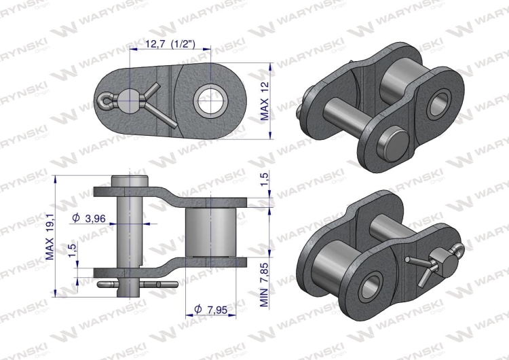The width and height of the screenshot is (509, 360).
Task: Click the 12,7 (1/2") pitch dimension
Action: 170,44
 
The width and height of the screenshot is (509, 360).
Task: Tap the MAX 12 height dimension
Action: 265,101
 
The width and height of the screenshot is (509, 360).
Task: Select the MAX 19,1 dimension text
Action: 50,234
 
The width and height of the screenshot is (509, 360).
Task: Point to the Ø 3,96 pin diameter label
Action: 89,217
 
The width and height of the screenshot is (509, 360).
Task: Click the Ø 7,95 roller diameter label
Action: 210,309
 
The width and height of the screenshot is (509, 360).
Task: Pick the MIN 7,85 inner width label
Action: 265,285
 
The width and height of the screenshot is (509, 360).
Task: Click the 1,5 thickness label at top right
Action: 265,180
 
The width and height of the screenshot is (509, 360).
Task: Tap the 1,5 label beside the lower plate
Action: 72,251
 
